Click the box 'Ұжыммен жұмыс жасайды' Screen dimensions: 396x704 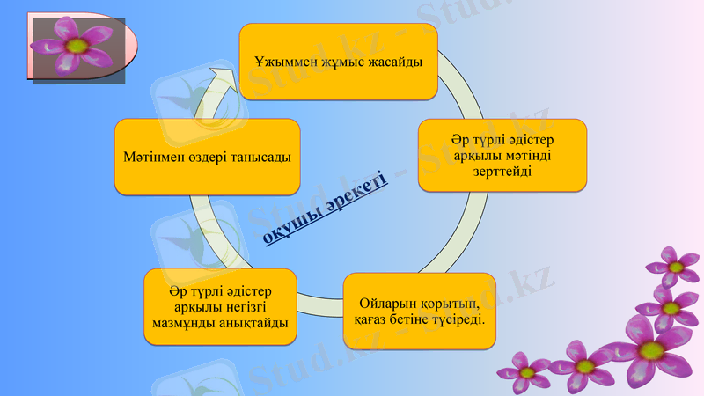339,62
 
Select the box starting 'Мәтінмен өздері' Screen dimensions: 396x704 208,156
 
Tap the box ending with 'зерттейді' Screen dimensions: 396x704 502,156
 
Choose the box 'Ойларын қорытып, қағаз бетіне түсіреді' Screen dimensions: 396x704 419,310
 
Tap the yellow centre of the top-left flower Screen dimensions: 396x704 77,44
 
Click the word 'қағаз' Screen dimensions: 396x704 372,318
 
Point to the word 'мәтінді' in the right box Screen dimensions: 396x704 527,156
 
